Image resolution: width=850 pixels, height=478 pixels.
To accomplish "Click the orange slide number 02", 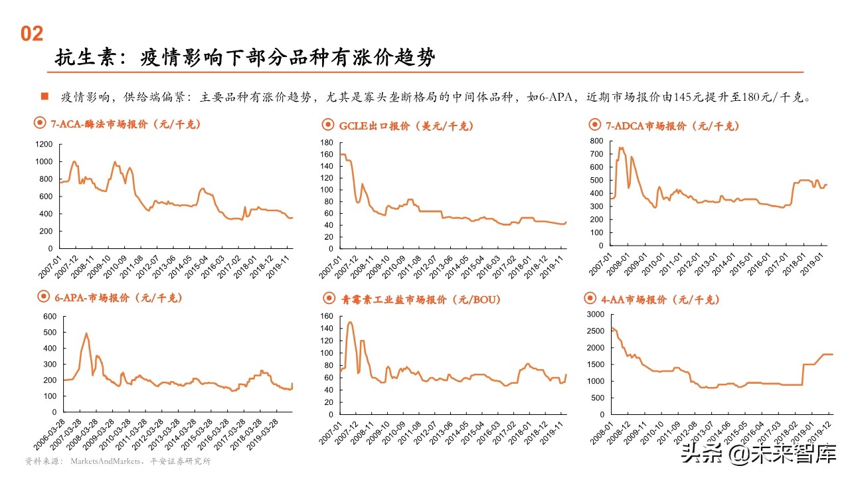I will pyautogui.click(x=32, y=34).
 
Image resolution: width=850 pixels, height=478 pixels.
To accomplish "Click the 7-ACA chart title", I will pyautogui.click(x=125, y=124).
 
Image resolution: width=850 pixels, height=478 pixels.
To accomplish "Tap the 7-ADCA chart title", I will pyautogui.click(x=671, y=125).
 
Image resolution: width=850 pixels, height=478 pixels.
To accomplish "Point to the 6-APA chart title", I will pyautogui.click(x=118, y=298).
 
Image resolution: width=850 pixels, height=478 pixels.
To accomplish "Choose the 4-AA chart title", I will pyautogui.click(x=659, y=299).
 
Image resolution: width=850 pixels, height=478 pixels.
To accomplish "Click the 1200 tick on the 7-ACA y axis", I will pyautogui.click(x=43, y=144).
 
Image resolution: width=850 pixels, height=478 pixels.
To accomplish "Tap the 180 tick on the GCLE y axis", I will pyautogui.click(x=325, y=143).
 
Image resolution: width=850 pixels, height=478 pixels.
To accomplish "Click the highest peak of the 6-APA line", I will pyautogui.click(x=86, y=333).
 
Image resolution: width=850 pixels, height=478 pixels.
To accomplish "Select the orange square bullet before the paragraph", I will pyautogui.click(x=44, y=96).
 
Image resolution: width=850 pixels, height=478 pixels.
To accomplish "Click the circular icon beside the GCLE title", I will pyautogui.click(x=328, y=125).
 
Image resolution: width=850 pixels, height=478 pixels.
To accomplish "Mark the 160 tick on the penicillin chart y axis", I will pyautogui.click(x=325, y=316).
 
